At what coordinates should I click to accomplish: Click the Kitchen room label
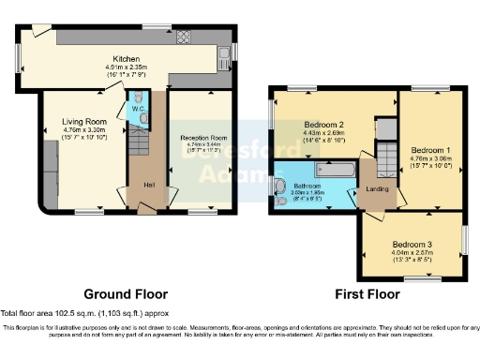[127, 57]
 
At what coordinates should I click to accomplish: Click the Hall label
[149, 183]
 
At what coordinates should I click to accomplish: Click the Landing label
[378, 189]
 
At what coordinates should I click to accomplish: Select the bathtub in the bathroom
[336, 169]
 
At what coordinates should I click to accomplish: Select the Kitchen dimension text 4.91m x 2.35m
[127, 67]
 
